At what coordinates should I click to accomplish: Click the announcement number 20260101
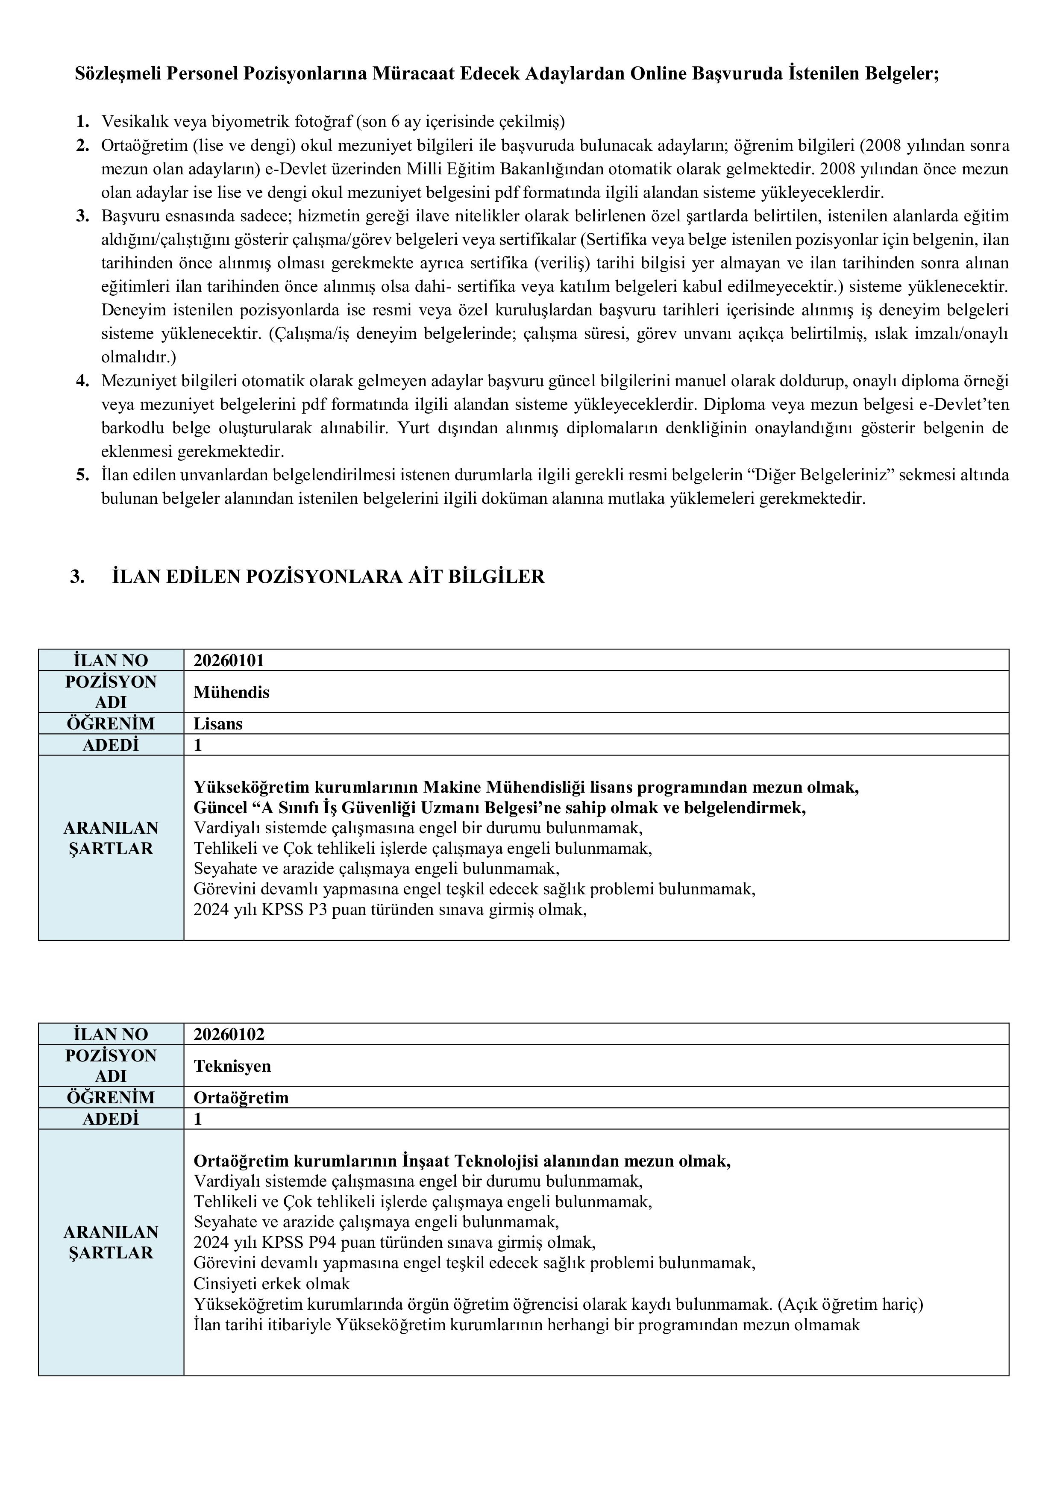pyautogui.click(x=229, y=660)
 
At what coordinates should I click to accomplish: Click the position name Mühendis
pyautogui.click(x=231, y=692)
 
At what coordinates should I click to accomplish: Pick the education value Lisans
pyautogui.click(x=217, y=724)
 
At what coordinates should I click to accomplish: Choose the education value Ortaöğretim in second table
pyautogui.click(x=241, y=1098)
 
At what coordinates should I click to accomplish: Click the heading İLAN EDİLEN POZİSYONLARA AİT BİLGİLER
pyautogui.click(x=328, y=577)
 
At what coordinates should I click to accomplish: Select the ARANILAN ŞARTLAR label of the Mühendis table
pyautogui.click(x=111, y=838)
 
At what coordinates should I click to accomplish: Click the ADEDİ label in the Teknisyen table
pyautogui.click(x=111, y=1119)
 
